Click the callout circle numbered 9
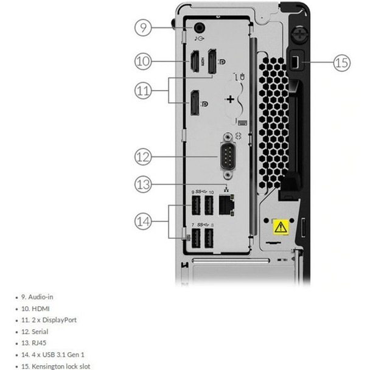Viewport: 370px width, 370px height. pyautogui.click(x=142, y=27)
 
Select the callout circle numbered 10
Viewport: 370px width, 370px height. pyautogui.click(x=142, y=60)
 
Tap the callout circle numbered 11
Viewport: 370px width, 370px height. pyautogui.click(x=142, y=91)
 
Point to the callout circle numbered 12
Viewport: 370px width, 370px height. pyautogui.click(x=142, y=156)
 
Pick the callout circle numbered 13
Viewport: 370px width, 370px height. pyautogui.click(x=142, y=183)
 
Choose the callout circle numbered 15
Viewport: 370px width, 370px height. pyautogui.click(x=342, y=61)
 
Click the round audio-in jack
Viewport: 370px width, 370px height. pyautogui.click(x=200, y=27)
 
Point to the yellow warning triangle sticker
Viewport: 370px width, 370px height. pyautogui.click(x=279, y=228)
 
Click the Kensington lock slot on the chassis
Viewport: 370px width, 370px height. pyautogui.click(x=293, y=62)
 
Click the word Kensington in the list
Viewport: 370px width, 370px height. pyautogui.click(x=46, y=366)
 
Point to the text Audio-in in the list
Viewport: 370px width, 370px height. pyautogui.click(x=41, y=297)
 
